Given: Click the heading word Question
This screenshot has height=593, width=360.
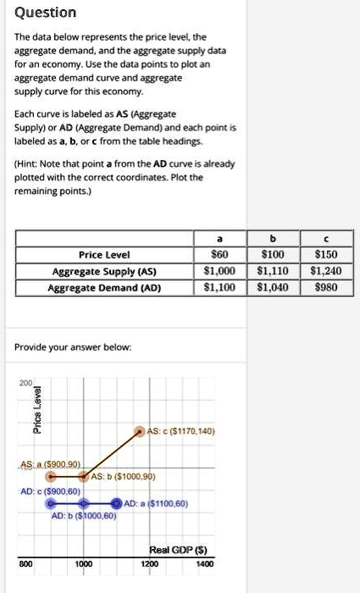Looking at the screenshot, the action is click(46, 13).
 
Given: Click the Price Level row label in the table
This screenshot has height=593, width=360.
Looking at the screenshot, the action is click(104, 254).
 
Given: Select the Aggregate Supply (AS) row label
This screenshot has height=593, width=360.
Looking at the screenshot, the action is click(104, 271).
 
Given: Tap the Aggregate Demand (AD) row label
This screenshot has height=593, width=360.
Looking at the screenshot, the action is click(104, 287).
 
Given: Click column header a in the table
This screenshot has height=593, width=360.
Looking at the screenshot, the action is click(221, 239).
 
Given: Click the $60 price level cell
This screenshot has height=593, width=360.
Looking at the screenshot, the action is click(221, 254).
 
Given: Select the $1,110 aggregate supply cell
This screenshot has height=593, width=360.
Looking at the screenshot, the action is click(273, 271).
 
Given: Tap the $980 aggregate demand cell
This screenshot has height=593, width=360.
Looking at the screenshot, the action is click(324, 287).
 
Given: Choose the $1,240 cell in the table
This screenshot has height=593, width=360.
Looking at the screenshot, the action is click(324, 271).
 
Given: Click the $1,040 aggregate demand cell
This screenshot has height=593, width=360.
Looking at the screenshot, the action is click(273, 287).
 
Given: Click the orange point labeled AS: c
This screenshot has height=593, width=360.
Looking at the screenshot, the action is click(141, 431).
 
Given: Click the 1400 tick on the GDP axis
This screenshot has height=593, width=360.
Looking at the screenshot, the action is click(204, 563).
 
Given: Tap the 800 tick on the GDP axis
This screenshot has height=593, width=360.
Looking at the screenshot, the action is click(27, 563).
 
